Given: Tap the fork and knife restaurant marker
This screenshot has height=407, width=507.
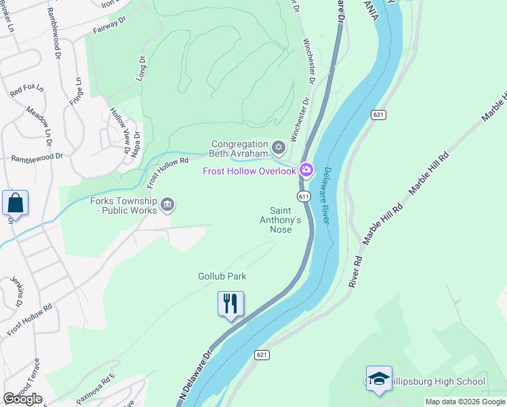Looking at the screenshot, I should tap(230, 305).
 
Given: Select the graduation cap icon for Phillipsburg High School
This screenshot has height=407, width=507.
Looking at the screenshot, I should tap(379, 380).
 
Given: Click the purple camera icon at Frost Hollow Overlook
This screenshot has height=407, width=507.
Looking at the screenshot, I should tap(306, 170).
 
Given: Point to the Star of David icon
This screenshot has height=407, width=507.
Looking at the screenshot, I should tap(278, 147).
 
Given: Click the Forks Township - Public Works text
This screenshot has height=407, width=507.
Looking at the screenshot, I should tap(123, 206).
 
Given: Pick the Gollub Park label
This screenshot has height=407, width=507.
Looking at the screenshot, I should tap(222, 276).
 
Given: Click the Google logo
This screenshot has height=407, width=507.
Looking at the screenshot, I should tap(22, 398).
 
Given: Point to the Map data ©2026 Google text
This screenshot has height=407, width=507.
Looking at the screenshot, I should tap(464, 402).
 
